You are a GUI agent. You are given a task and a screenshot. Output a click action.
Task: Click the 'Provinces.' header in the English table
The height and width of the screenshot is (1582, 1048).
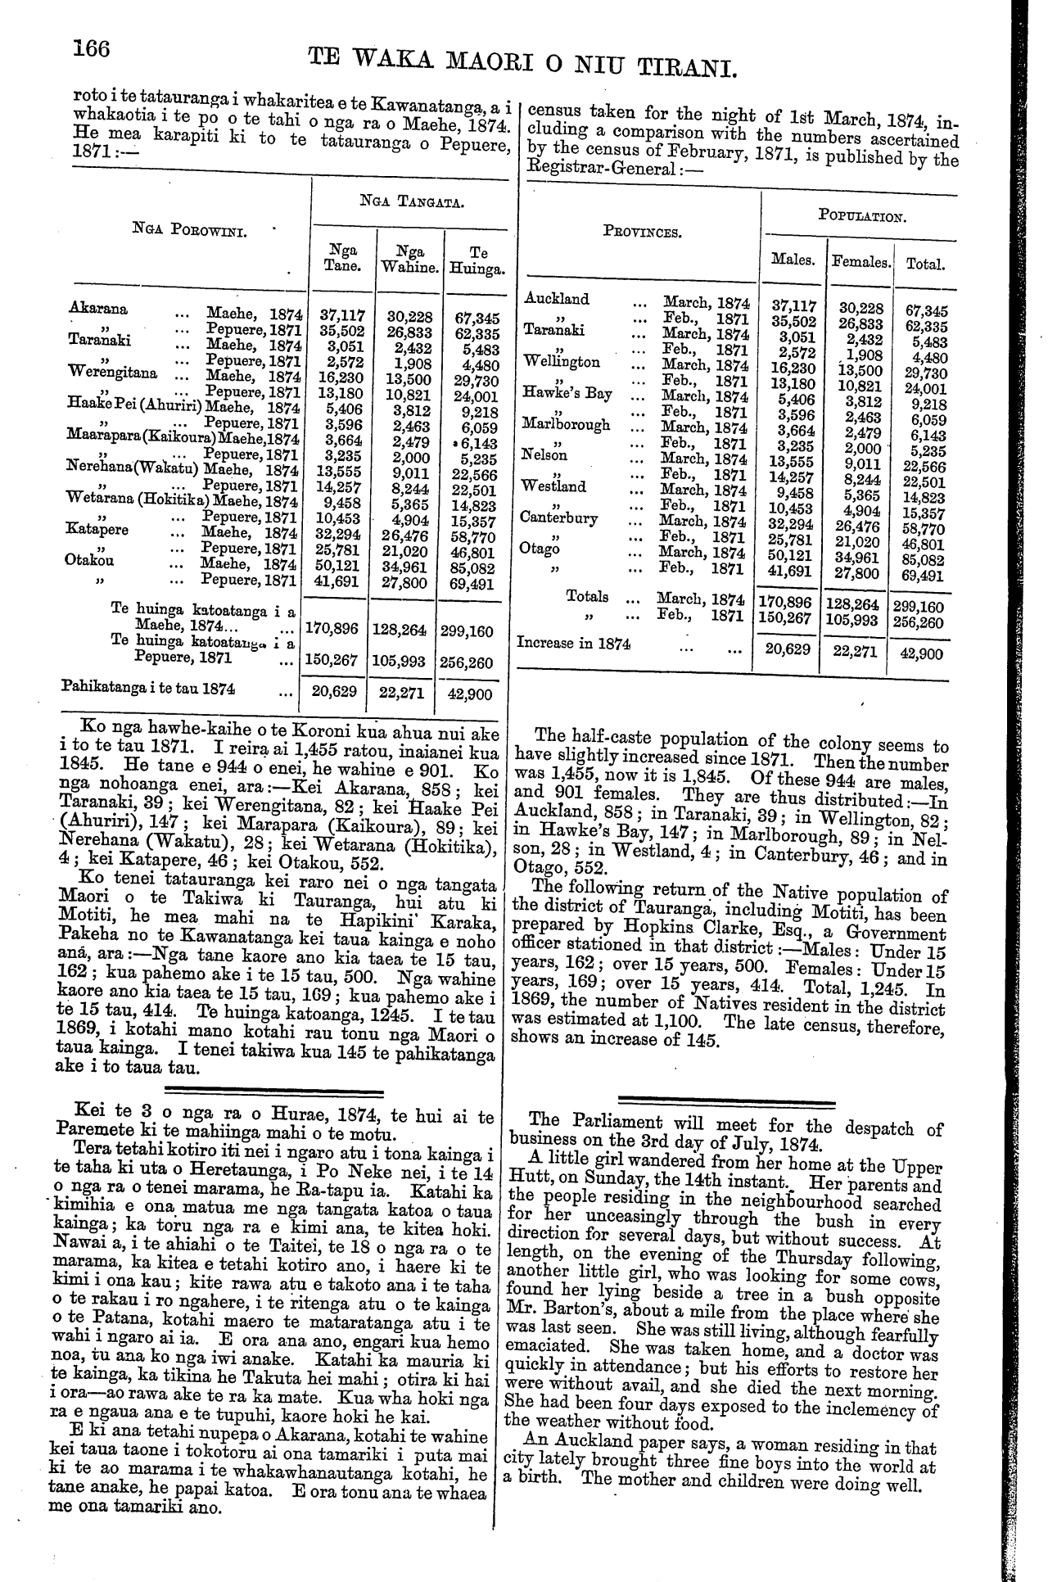pos(640,232)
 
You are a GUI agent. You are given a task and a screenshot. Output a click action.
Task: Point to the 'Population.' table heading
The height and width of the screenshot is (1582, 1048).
pos(861,218)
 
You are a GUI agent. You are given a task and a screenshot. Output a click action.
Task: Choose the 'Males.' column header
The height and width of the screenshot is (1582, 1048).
pos(793,260)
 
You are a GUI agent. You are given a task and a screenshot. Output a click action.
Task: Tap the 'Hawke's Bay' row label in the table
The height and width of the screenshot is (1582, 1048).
pos(567,393)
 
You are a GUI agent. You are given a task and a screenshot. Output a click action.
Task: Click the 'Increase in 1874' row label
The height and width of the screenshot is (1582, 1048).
pos(573,643)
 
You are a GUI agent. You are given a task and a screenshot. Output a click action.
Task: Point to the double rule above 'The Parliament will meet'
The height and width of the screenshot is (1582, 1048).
pos(727,1102)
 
